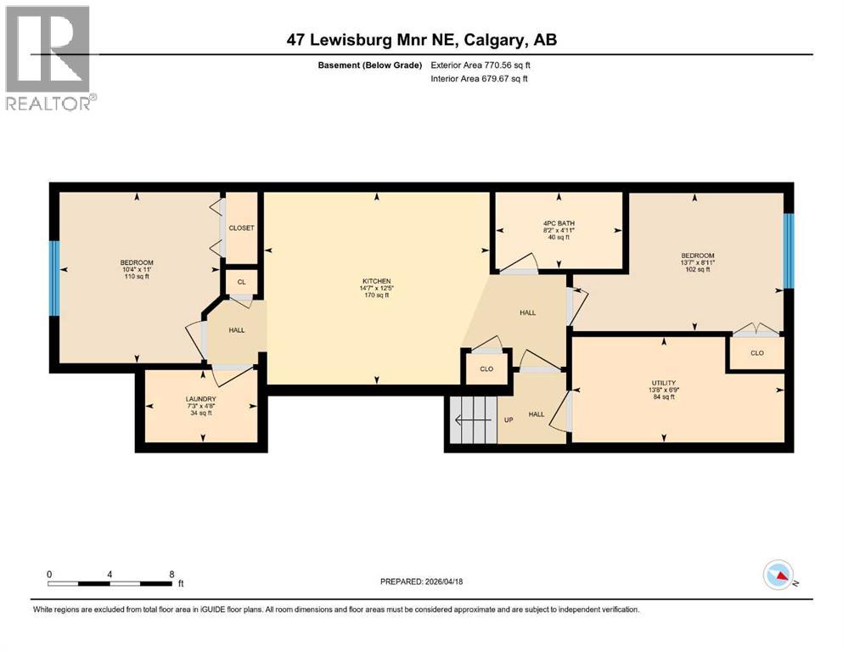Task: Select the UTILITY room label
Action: (x=663, y=384)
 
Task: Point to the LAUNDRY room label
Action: (x=202, y=399)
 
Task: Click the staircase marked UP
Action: (x=472, y=419)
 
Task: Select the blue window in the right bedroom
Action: (x=788, y=250)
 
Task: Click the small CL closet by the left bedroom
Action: (x=241, y=282)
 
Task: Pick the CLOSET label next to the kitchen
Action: (x=241, y=228)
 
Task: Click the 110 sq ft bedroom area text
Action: (x=136, y=277)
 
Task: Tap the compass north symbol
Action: (x=778, y=576)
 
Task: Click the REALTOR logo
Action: (x=49, y=58)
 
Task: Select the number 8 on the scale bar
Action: (x=172, y=574)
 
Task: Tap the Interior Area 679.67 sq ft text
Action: (x=479, y=79)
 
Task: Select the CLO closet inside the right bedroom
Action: (x=756, y=352)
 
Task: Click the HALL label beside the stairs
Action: (x=537, y=414)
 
